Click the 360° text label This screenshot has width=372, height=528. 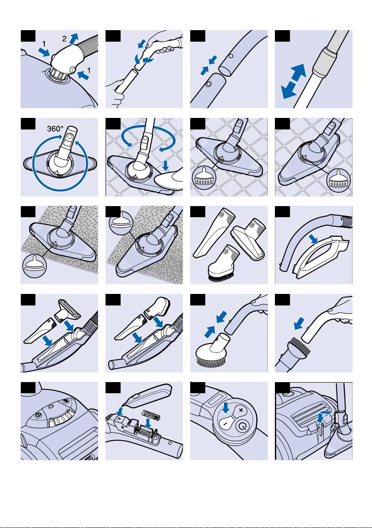coord(55,128)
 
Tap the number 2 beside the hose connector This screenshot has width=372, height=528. coord(64,39)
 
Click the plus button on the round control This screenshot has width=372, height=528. coord(240,410)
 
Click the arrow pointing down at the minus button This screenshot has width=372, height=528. coord(226,408)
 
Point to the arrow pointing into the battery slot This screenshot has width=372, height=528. coord(147,423)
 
